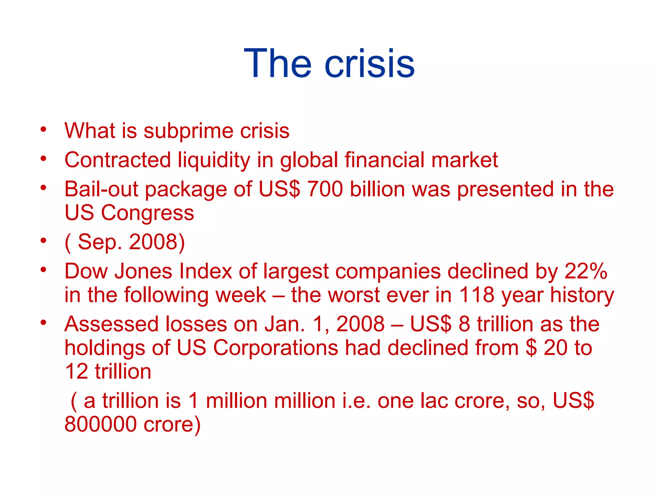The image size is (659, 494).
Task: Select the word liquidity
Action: pos(214,160)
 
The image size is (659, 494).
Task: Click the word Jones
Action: pos(144,271)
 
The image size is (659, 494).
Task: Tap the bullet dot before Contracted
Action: pos(43,159)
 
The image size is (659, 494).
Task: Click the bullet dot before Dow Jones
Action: pos(43,269)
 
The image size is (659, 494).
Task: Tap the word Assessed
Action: pos(111,324)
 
